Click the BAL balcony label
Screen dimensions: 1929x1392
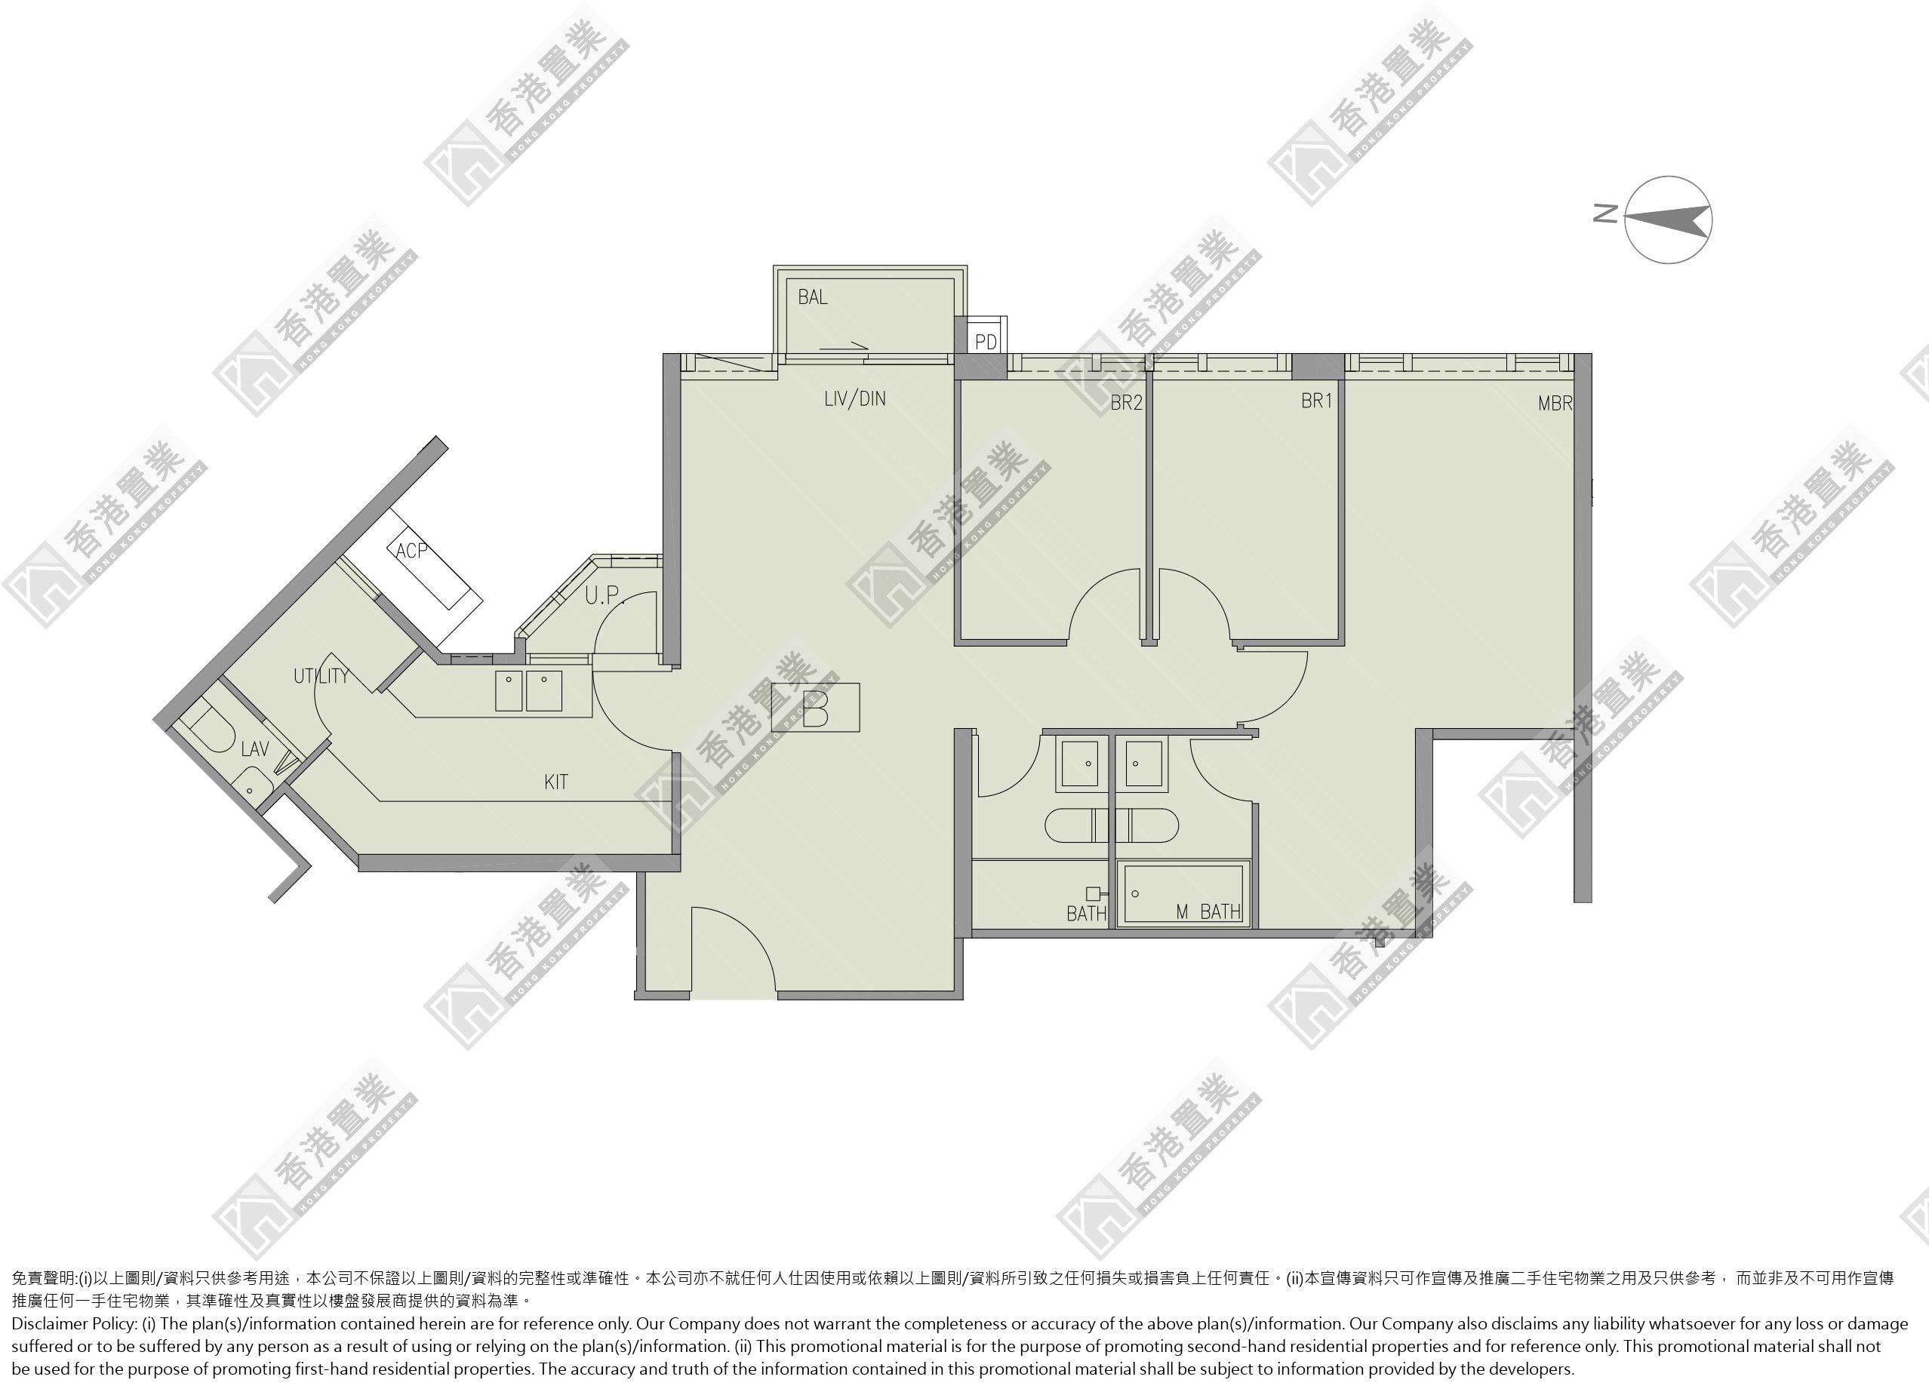(x=812, y=297)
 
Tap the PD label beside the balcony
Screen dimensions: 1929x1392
(x=986, y=342)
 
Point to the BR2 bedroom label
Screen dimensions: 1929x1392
(x=1126, y=403)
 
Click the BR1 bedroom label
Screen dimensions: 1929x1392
(x=1317, y=401)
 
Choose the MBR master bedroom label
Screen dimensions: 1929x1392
(x=1555, y=404)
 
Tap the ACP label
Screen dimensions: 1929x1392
(x=411, y=550)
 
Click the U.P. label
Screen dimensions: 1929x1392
(x=605, y=595)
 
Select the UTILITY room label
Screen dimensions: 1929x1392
(x=321, y=676)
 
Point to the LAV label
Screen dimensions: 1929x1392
(x=255, y=749)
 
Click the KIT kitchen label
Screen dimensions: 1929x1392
(x=555, y=782)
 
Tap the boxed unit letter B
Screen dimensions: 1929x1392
(x=815, y=708)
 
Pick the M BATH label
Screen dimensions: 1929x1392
(x=1208, y=912)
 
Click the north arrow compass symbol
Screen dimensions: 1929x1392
(x=1668, y=220)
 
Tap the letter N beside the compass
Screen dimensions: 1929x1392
(x=1605, y=214)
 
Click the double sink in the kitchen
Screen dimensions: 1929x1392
(x=528, y=690)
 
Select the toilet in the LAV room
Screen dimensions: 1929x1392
(x=207, y=729)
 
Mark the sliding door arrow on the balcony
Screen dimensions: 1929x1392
(x=844, y=347)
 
